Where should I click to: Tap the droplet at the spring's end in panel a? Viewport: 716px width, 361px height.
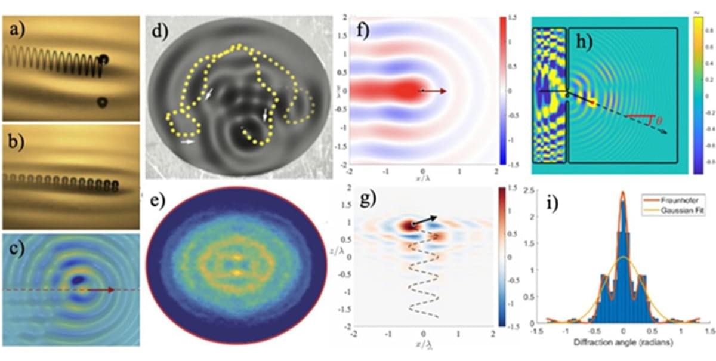tap(104, 59)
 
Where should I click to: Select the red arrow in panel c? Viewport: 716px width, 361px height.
tap(101, 291)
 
